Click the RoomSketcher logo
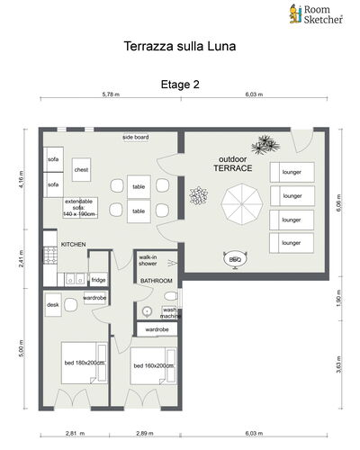[316, 14]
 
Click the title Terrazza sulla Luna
[180, 46]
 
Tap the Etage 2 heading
[180, 85]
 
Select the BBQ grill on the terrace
[235, 259]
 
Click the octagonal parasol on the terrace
[242, 204]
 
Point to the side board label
[136, 137]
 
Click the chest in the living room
[81, 169]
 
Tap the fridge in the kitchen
[99, 280]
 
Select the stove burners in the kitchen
[50, 256]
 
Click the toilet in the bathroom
[171, 296]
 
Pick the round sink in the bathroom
[147, 312]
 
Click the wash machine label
[170, 313]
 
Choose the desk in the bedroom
[53, 305]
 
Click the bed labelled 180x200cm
[85, 363]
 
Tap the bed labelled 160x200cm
[153, 366]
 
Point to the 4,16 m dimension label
[21, 178]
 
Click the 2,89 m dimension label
[145, 433]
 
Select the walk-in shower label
[148, 260]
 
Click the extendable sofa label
[79, 208]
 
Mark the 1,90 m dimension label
[338, 298]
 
